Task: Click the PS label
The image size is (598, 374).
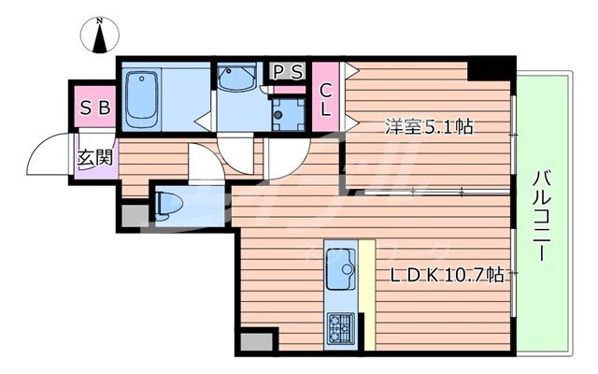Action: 288,72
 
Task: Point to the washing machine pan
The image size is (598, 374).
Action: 286,112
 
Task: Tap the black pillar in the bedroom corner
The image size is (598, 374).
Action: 490,68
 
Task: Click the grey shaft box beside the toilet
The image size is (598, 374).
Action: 135,216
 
